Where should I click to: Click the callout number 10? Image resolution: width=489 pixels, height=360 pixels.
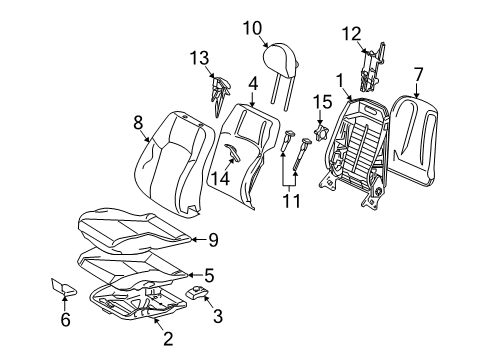click(x=252, y=28)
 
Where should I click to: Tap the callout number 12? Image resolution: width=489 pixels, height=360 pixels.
click(x=351, y=34)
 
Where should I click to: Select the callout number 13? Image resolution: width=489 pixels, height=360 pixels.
click(x=199, y=58)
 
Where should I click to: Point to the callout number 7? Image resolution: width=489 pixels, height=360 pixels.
click(x=418, y=74)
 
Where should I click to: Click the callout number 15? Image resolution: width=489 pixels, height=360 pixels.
click(x=322, y=102)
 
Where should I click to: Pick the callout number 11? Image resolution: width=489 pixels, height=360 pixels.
click(x=292, y=201)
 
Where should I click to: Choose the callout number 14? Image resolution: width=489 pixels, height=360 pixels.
click(x=221, y=179)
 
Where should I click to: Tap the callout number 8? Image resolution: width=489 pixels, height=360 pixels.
click(x=138, y=123)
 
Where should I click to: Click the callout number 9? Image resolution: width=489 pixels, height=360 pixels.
click(x=213, y=240)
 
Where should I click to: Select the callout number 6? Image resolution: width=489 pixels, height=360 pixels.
click(x=66, y=320)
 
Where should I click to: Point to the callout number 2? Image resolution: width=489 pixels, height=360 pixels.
click(x=168, y=339)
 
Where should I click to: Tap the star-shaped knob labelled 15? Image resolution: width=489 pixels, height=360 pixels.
click(x=321, y=132)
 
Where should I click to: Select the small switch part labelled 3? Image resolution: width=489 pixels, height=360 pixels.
click(x=197, y=292)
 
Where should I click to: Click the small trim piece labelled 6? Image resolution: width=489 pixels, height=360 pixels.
click(x=63, y=287)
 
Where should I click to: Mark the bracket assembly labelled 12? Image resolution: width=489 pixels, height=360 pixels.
click(x=373, y=67)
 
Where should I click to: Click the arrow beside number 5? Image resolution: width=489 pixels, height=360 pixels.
click(x=195, y=275)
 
